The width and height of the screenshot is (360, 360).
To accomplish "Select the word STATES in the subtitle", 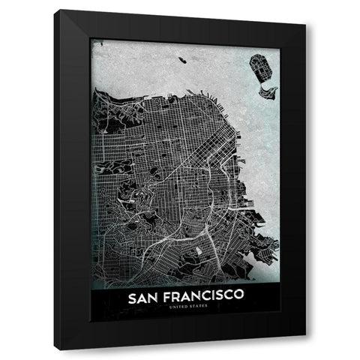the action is (190, 309).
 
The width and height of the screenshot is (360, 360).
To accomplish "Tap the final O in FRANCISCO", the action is (237, 298).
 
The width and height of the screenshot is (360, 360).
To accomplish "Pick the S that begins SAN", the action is (133, 298).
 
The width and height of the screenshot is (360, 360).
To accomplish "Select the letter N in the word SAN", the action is (154, 298).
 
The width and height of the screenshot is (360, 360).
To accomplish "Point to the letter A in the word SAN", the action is (143, 298).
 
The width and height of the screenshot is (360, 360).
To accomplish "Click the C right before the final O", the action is (226, 298).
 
